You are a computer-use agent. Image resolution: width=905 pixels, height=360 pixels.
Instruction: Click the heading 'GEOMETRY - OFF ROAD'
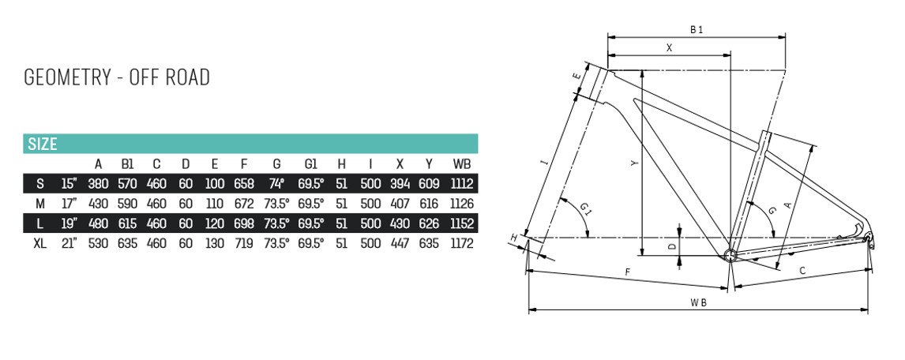coord(117,77)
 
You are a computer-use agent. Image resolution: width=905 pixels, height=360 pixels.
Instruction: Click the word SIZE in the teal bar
coord(43,144)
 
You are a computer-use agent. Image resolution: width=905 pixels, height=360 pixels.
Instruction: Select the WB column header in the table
coord(462,164)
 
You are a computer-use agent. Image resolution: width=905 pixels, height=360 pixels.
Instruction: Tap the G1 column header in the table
coord(310,164)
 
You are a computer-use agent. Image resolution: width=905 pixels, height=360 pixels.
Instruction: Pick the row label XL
coord(39,243)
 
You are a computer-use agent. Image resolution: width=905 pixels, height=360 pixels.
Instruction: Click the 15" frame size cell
coord(70,184)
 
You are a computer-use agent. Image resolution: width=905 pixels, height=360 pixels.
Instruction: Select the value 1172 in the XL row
coord(462,243)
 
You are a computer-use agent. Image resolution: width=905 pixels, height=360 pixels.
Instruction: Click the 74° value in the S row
coord(276,184)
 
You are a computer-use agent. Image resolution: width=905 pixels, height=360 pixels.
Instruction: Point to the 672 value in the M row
coord(244,204)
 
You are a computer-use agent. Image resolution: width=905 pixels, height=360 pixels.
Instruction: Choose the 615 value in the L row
coord(127,223)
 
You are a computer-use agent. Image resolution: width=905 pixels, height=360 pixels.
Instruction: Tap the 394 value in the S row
coord(400,184)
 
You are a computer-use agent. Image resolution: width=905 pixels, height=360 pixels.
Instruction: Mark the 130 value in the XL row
coord(214,243)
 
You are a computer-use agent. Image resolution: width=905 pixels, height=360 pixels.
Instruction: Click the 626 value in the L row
coord(430,223)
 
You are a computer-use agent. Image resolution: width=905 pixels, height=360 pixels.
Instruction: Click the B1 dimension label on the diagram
coord(696,30)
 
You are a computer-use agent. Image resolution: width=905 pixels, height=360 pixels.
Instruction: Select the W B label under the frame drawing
coord(698,302)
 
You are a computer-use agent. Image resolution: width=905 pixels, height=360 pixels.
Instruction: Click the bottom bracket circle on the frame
coord(730,254)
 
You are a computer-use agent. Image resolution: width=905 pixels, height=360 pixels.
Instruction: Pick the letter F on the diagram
coord(627,272)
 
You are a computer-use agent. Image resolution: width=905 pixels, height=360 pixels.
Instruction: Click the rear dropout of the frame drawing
coord(869,238)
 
